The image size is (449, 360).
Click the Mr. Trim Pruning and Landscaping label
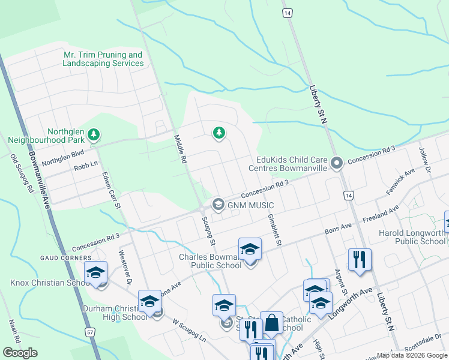tap(103, 59)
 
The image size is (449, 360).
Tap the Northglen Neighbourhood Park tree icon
tap(93, 136)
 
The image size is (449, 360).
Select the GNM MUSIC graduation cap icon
tap(218, 204)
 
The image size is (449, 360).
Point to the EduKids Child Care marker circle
tap(337, 163)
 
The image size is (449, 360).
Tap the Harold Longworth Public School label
tap(412, 237)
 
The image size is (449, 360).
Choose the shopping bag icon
tap(271, 323)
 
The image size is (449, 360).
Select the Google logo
tap(20, 353)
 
